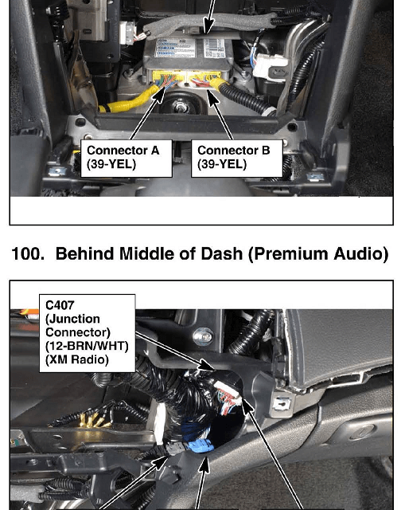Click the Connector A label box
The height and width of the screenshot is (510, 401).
127,159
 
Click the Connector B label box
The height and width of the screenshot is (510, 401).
237,159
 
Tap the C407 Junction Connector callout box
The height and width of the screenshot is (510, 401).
87,333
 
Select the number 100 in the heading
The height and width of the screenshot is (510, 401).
27,253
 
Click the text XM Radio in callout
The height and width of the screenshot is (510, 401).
77,359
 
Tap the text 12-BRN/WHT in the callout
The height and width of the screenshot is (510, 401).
87,346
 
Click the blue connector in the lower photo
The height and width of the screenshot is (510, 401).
200,445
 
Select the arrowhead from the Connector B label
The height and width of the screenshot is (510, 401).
212,97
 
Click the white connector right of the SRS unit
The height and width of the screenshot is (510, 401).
271,67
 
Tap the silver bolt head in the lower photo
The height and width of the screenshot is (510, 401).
203,337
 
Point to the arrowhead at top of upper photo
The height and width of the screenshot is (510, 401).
208,25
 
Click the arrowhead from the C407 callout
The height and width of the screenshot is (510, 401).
207,365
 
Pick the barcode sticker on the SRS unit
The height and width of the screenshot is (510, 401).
213,48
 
